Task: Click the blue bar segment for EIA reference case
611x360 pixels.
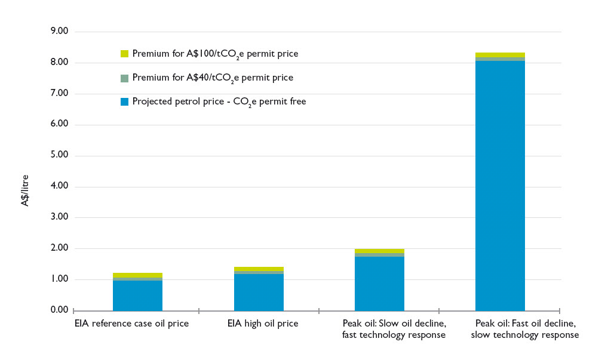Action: [x=137, y=296]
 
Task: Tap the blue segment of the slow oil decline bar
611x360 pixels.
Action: [x=379, y=284]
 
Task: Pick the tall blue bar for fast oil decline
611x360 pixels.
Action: [x=500, y=185]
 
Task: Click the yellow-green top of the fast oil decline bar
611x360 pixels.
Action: [x=500, y=55]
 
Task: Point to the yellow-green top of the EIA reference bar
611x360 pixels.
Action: [x=137, y=275]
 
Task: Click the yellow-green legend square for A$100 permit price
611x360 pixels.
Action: [x=124, y=54]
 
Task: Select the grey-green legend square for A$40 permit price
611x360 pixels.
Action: [x=124, y=78]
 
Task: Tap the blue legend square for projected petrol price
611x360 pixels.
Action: [x=124, y=102]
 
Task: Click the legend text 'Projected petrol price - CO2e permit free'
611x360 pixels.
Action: [x=219, y=102]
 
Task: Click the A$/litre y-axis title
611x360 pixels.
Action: [x=25, y=190]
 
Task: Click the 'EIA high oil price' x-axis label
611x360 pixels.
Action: [x=263, y=324]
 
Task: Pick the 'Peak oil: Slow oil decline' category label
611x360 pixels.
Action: [x=394, y=330]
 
